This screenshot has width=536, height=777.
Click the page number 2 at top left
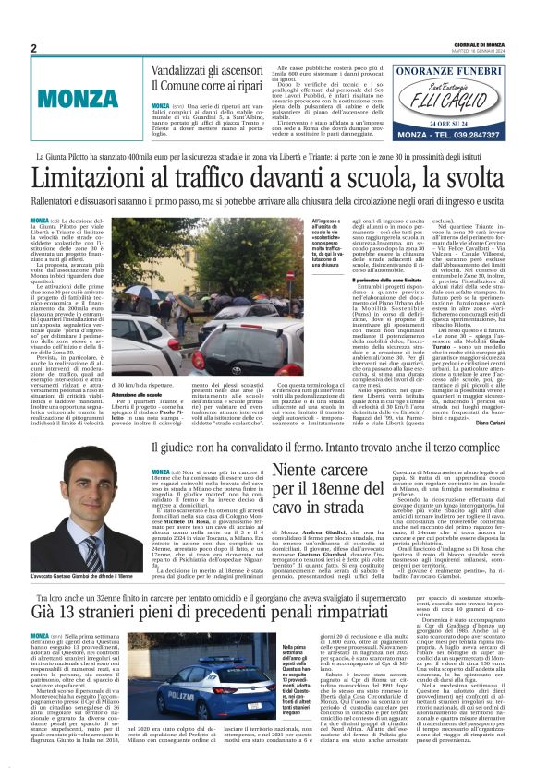coord(34,48)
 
